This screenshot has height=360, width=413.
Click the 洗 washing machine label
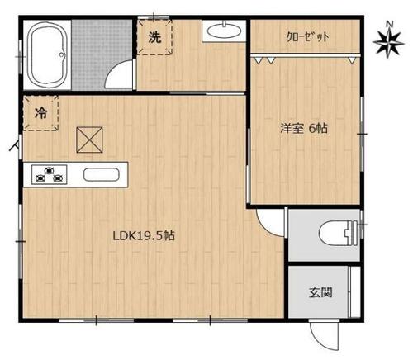[154, 37]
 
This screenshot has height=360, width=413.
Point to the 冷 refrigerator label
[40, 113]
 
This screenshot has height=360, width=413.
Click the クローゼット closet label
[307, 36]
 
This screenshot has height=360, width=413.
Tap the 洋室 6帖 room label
[304, 129]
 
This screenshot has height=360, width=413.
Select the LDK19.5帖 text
[144, 236]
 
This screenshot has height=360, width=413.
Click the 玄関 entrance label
[320, 292]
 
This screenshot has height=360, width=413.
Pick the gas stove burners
[50, 174]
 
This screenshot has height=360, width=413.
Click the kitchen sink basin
[102, 174]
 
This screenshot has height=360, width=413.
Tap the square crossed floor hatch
[89, 140]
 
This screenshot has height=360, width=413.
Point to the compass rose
[388, 44]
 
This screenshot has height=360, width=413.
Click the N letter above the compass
[389, 24]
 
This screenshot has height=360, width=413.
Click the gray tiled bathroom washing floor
[102, 54]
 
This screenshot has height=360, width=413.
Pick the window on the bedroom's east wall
[362, 134]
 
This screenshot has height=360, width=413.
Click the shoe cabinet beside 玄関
[354, 292]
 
